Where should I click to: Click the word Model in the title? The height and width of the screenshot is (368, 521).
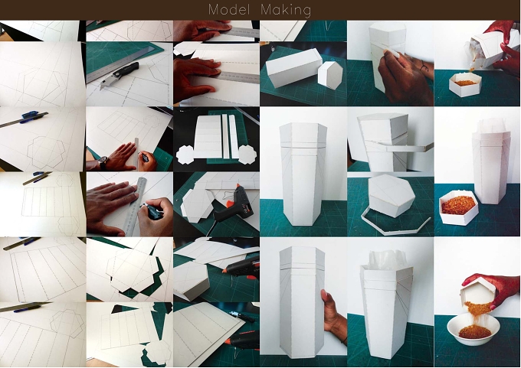tap(229, 9)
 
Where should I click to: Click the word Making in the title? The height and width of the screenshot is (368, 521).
tap(286, 10)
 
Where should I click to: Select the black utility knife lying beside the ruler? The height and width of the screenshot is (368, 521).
tap(120, 76)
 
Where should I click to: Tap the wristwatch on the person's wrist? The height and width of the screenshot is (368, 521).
tap(103, 162)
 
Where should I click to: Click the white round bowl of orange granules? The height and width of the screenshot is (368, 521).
tap(473, 328)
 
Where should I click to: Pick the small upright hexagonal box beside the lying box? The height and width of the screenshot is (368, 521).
tap(329, 75)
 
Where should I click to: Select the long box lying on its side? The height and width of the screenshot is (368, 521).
tap(293, 67)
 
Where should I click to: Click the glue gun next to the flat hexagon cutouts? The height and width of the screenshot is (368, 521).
tap(234, 204)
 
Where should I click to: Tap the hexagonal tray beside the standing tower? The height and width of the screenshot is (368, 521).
tap(459, 207)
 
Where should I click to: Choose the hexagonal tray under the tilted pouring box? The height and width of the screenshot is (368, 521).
tap(465, 84)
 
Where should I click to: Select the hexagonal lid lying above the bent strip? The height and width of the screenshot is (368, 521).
tap(392, 195)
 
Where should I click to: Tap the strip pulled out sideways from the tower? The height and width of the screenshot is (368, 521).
tap(405, 148)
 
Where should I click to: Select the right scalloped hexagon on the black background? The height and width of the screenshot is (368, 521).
tap(247, 155)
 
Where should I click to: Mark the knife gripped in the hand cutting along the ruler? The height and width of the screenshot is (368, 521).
tap(152, 212)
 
